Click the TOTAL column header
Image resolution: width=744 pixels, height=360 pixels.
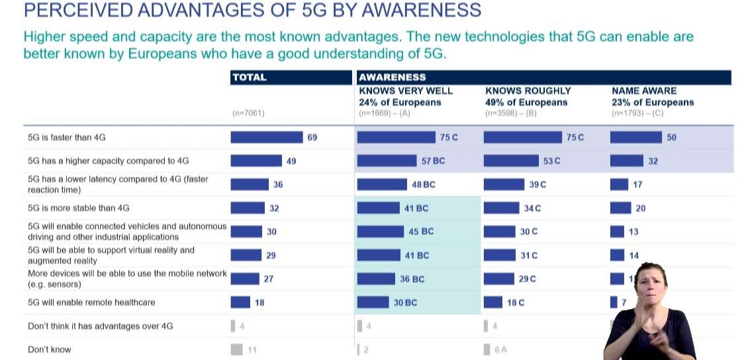click(249, 77)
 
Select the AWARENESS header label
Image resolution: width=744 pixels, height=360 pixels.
click(393, 77)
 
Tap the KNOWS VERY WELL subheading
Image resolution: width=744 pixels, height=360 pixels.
click(406, 91)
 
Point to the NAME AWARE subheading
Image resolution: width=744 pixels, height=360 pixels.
click(644, 91)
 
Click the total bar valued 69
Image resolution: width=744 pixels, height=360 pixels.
click(266, 137)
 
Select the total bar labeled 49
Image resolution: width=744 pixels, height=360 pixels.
click(256, 161)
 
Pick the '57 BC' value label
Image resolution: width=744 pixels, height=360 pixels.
click(433, 161)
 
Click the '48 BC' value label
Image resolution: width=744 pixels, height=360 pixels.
click(424, 185)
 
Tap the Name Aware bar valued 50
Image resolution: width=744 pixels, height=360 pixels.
click(635, 137)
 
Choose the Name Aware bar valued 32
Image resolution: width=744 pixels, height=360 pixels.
click(626, 161)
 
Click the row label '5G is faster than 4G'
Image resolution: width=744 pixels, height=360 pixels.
click(67, 138)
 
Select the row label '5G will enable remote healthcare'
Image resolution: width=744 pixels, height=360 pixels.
click(91, 302)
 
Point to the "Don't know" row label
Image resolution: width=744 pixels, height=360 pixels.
click(50, 349)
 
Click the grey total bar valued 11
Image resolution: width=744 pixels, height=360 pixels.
click(236, 349)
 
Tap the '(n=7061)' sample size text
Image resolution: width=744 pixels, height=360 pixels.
click(248, 113)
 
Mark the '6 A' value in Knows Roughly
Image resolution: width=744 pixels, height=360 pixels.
click(501, 350)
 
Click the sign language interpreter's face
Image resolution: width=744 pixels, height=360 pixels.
click(650, 281)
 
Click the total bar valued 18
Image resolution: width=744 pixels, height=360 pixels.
click(240, 302)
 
